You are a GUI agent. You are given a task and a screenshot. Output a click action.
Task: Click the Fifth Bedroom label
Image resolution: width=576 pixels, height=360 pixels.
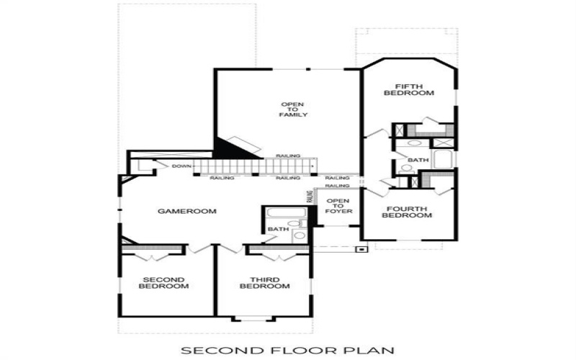[408, 89]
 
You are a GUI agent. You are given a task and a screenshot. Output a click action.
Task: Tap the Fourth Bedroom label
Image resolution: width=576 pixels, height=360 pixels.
[405, 212]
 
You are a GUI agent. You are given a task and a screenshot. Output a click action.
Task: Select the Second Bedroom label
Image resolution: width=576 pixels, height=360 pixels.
[166, 283]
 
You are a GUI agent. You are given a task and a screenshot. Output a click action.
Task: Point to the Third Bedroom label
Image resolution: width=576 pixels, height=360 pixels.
[265, 283]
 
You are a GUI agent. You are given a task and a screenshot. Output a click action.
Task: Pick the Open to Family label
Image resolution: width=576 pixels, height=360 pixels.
[294, 109]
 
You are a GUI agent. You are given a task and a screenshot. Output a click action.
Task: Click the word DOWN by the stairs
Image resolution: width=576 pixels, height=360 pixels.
[181, 166]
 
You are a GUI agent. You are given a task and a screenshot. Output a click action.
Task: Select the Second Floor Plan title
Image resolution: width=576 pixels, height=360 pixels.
[288, 351]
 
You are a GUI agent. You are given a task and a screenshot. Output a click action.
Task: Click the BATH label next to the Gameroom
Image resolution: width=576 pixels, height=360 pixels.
[277, 230]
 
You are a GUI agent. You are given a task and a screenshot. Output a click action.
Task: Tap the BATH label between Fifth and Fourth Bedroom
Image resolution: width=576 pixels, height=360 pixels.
[417, 160]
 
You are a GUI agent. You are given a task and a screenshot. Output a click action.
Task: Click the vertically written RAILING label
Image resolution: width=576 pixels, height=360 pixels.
[310, 197]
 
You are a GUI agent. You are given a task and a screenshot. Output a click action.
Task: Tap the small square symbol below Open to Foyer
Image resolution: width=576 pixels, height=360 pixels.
[362, 249]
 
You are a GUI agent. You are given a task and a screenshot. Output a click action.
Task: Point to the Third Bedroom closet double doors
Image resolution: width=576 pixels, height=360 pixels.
[274, 256]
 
